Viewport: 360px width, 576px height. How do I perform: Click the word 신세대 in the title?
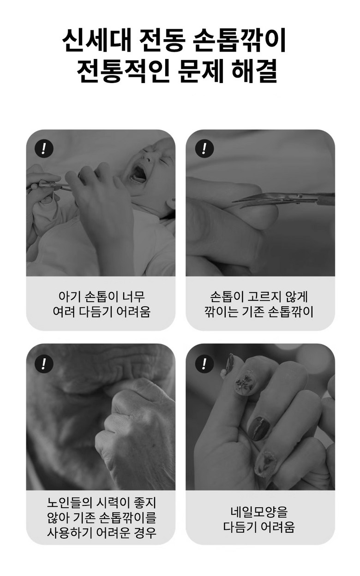(96, 41)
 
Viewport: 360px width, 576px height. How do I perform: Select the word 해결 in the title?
(254, 71)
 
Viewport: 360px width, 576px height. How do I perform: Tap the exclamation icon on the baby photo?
(44, 148)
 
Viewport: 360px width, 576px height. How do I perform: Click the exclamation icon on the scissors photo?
(204, 148)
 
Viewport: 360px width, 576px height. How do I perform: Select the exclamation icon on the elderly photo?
(44, 363)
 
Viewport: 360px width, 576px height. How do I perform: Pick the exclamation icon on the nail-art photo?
(204, 363)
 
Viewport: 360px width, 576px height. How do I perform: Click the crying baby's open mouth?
(138, 173)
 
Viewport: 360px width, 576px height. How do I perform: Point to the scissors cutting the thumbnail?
(283, 199)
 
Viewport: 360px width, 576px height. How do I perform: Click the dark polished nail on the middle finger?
(259, 428)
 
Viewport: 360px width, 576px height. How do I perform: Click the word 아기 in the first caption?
(68, 296)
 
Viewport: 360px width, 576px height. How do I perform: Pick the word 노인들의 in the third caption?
(69, 502)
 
